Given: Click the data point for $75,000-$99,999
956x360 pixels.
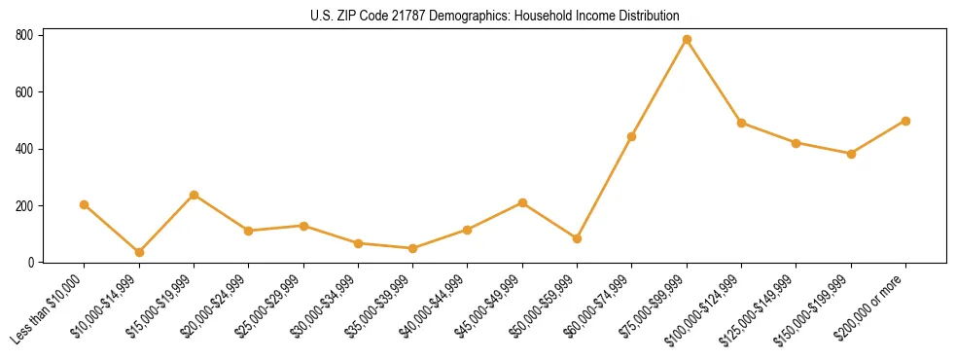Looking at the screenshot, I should (687, 40).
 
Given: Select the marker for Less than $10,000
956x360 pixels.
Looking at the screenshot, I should (85, 204).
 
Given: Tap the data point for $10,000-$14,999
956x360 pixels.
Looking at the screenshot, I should (139, 252).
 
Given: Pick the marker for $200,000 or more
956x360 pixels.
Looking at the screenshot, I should (905, 121).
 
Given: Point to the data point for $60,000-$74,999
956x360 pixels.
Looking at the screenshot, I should (632, 136).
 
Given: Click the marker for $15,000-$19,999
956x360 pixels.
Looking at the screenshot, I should (195, 195).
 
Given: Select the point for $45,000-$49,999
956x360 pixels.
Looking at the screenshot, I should (522, 202).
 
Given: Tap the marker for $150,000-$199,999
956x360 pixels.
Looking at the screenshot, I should (851, 154).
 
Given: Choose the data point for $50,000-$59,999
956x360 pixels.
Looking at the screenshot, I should (578, 238).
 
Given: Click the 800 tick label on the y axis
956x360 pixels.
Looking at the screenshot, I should (25, 35).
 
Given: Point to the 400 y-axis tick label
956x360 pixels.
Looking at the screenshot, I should (25, 149).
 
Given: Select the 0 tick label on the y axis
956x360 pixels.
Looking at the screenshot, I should (33, 263).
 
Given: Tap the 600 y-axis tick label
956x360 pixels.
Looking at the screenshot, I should (25, 92).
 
